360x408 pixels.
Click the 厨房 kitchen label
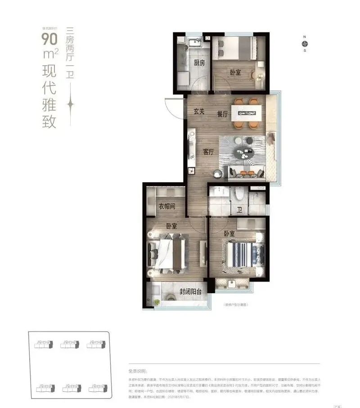tap(199, 63)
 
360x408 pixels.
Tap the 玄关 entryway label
tap(199, 112)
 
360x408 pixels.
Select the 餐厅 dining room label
tap(222, 114)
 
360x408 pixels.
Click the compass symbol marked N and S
tap(305, 44)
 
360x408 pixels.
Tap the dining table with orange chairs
tap(247, 113)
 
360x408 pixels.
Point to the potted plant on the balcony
tap(157, 301)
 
